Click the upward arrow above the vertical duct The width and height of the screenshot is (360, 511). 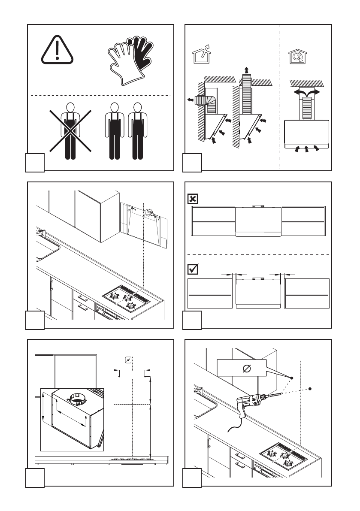tap(246, 70)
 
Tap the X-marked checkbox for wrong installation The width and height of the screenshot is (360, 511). tap(193, 199)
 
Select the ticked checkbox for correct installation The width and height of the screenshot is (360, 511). tap(193, 269)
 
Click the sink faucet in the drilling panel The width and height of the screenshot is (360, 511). tap(199, 391)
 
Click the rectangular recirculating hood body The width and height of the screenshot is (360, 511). tap(306, 133)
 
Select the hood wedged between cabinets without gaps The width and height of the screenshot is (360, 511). tap(258, 221)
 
